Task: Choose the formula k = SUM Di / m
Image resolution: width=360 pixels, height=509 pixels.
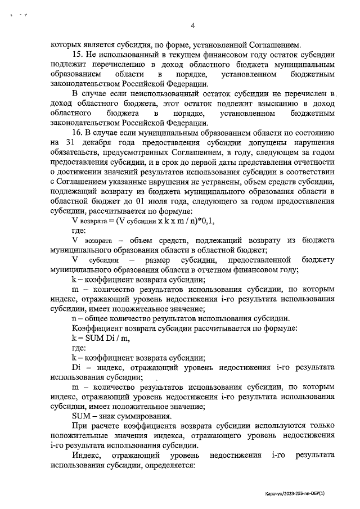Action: tap(98, 337)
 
